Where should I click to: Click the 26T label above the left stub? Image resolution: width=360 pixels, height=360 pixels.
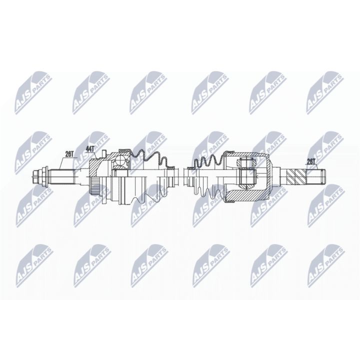click(x=68, y=154)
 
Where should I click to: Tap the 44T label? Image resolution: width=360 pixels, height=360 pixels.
click(x=90, y=148)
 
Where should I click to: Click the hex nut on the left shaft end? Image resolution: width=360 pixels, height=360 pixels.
click(x=39, y=176)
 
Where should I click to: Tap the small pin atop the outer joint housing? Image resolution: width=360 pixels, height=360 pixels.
click(x=103, y=153)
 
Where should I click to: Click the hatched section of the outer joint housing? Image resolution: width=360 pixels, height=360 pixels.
click(x=95, y=165)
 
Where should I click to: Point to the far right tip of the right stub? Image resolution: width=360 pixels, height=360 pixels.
click(x=323, y=176)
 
